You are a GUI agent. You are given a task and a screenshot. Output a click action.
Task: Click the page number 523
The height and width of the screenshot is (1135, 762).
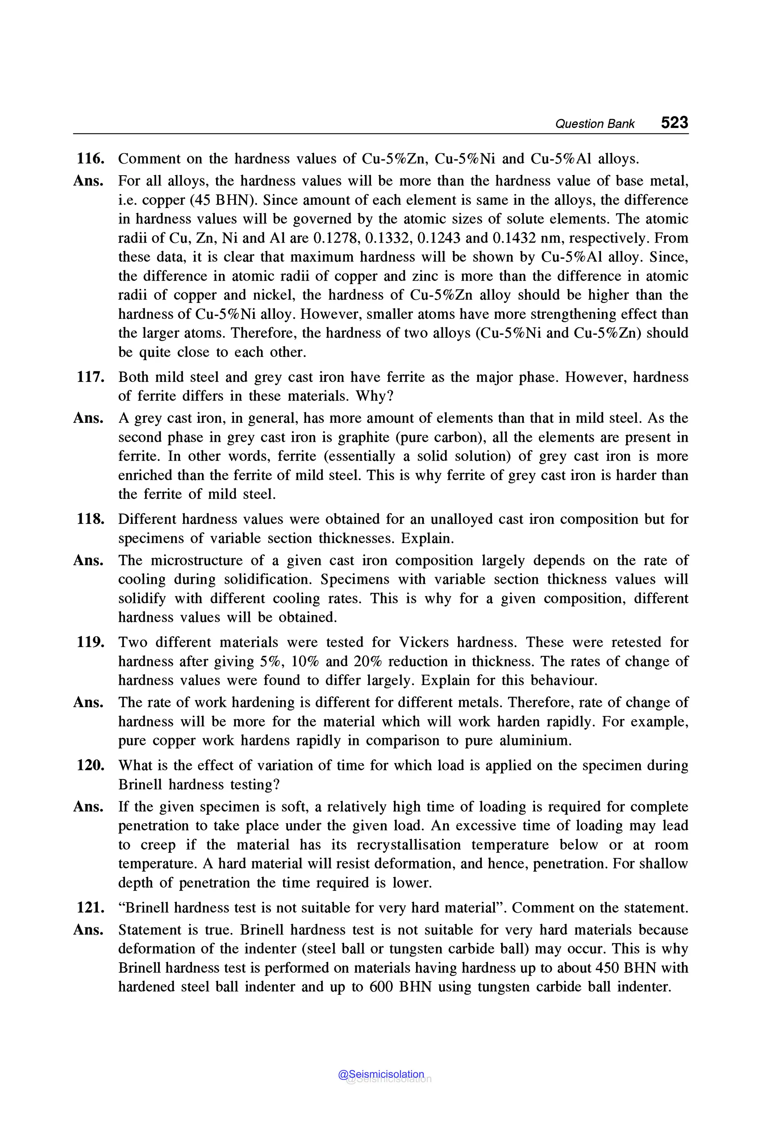(x=674, y=122)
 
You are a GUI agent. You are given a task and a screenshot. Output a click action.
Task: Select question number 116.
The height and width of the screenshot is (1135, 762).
(x=90, y=159)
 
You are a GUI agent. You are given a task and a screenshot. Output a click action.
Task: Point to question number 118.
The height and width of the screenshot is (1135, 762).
(x=90, y=519)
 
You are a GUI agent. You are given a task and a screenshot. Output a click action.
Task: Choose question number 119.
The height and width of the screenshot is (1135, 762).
(x=90, y=642)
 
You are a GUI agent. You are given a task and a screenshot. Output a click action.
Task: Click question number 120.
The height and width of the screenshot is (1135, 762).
(x=90, y=765)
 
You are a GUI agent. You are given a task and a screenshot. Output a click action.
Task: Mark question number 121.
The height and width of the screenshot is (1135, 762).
(x=90, y=908)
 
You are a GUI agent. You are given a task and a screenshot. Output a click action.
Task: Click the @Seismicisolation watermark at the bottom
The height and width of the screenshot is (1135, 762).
(x=381, y=1074)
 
